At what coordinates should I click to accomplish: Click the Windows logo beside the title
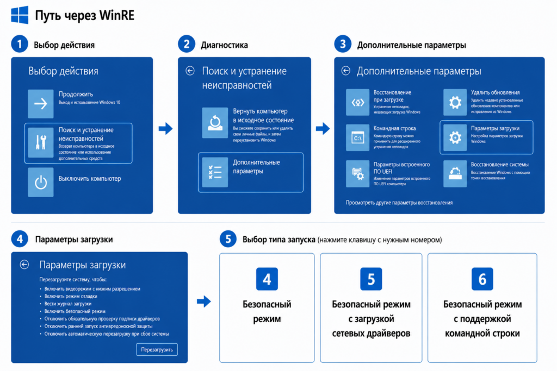(20, 15)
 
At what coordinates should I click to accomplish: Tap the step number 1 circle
(20, 44)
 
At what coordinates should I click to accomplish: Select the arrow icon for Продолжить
(41, 104)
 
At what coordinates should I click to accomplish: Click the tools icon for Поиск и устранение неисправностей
(41, 142)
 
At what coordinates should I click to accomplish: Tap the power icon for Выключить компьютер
(41, 183)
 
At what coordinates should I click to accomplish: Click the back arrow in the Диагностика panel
(190, 71)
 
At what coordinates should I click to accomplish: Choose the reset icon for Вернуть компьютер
(215, 123)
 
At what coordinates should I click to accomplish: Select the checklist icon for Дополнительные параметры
(215, 172)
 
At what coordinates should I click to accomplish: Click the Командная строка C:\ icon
(357, 137)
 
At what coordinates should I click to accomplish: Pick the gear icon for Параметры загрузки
(455, 137)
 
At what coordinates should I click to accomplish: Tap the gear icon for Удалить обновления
(455, 103)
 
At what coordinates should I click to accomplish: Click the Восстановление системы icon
(455, 173)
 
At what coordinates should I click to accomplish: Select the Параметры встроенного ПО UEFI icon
(357, 173)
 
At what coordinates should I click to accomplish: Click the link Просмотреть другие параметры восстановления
(399, 203)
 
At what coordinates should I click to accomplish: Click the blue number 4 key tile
(267, 279)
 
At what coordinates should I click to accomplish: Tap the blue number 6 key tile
(482, 279)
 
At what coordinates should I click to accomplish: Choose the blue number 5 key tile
(371, 279)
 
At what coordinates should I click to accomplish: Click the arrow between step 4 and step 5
(204, 301)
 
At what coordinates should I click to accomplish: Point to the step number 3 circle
(343, 44)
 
